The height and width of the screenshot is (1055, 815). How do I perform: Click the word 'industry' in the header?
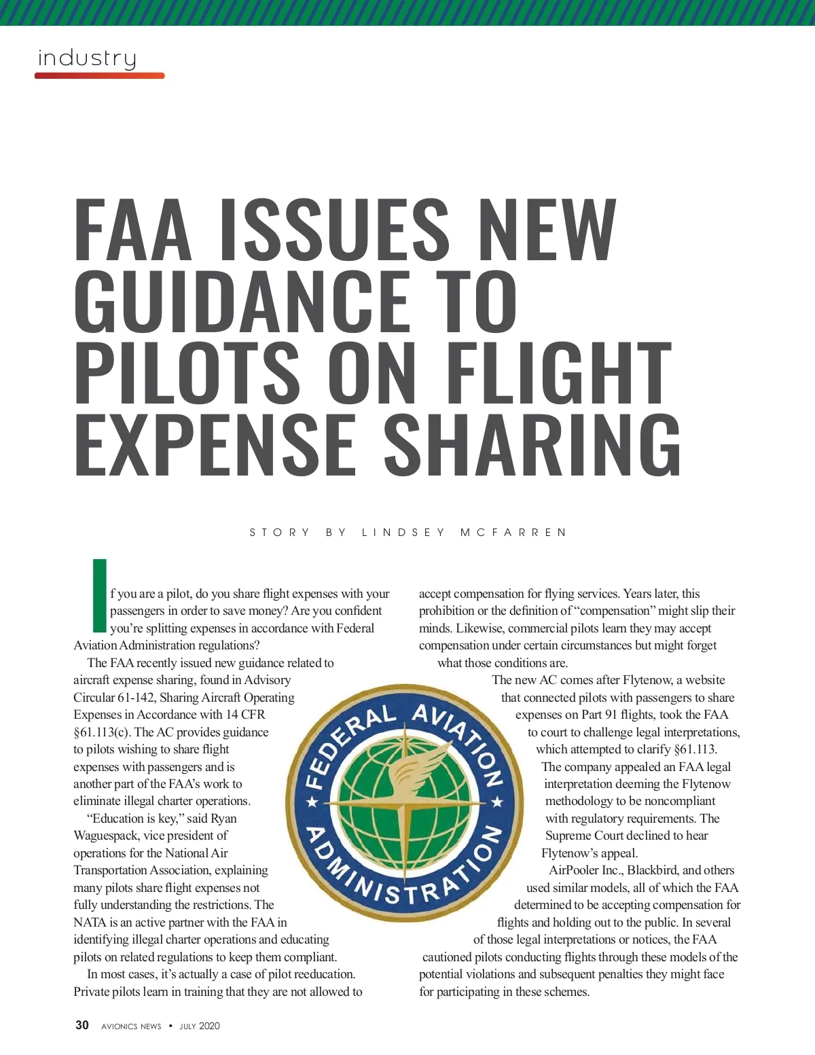[x=87, y=58]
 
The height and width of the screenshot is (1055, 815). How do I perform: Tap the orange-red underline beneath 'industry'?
[x=100, y=75]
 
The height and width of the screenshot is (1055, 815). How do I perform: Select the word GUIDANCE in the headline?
[x=242, y=300]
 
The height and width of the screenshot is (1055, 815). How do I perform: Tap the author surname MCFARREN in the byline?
[x=513, y=532]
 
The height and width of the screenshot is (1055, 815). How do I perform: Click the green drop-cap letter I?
[x=99, y=594]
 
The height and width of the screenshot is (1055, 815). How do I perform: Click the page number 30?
[x=82, y=1025]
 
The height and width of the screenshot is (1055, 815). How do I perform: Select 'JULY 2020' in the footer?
[x=200, y=1026]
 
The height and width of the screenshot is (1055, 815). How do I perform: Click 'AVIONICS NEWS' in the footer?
[x=131, y=1026]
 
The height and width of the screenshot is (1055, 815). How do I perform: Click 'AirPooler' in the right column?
[x=573, y=870]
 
